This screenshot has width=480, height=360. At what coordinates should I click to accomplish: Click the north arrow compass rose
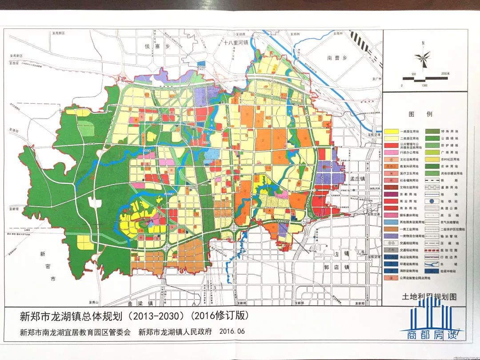click(x=423, y=57)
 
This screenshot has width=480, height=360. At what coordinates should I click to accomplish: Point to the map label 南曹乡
click(x=336, y=58)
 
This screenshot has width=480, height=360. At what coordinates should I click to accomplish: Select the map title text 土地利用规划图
click(x=429, y=296)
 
